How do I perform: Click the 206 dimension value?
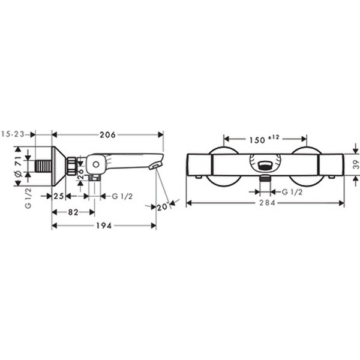click(x=107, y=135)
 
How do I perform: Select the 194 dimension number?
click(x=104, y=226)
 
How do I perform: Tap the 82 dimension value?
click(x=73, y=212)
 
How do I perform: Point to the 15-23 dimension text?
click(x=13, y=134)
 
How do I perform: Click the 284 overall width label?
click(x=267, y=203)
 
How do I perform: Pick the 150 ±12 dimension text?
click(x=264, y=139)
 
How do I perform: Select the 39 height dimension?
click(x=356, y=164)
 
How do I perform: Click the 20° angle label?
click(x=163, y=206)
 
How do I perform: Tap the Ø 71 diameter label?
click(x=19, y=166)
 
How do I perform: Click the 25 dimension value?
click(x=59, y=196)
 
